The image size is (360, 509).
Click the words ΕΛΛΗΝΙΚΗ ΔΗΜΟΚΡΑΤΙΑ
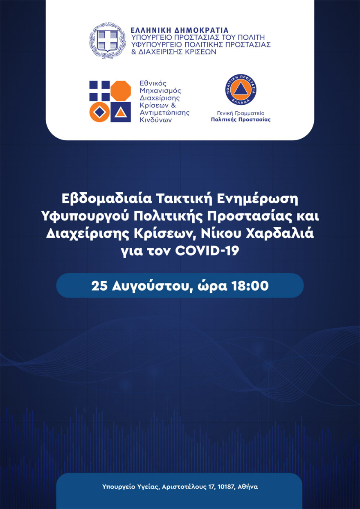[179, 30]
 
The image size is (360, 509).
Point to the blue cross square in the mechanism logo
[100, 90]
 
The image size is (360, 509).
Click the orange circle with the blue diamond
[100, 112]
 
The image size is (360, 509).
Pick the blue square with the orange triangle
[121, 112]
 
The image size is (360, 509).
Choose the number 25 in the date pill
[100, 286]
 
